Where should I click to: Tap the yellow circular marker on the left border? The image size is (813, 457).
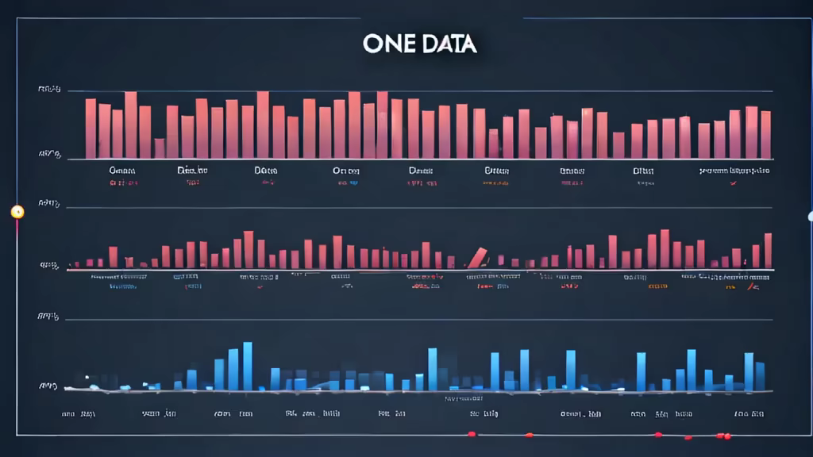point(17,212)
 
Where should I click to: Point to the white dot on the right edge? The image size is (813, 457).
point(811,216)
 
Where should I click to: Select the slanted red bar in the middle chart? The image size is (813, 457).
point(477,257)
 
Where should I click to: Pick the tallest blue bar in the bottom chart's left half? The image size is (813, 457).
point(248,366)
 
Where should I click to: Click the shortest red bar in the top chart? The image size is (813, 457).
point(160,148)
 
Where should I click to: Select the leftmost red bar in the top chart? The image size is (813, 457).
point(91,129)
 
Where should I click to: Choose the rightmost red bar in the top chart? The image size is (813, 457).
point(765,134)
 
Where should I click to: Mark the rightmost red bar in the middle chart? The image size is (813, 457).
point(768,250)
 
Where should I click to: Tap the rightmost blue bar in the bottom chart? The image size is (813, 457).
point(760,375)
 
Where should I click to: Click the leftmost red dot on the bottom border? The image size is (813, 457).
point(472,434)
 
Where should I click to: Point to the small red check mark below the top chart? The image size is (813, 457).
point(732,182)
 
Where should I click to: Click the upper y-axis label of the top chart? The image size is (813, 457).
point(49,90)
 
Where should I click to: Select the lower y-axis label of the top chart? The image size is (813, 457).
point(49,156)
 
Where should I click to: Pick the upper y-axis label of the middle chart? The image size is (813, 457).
point(49,204)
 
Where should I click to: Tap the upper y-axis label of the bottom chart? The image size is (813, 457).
point(49,317)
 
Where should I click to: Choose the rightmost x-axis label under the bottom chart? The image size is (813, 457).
point(749,413)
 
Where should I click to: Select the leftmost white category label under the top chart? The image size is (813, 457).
point(123,170)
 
